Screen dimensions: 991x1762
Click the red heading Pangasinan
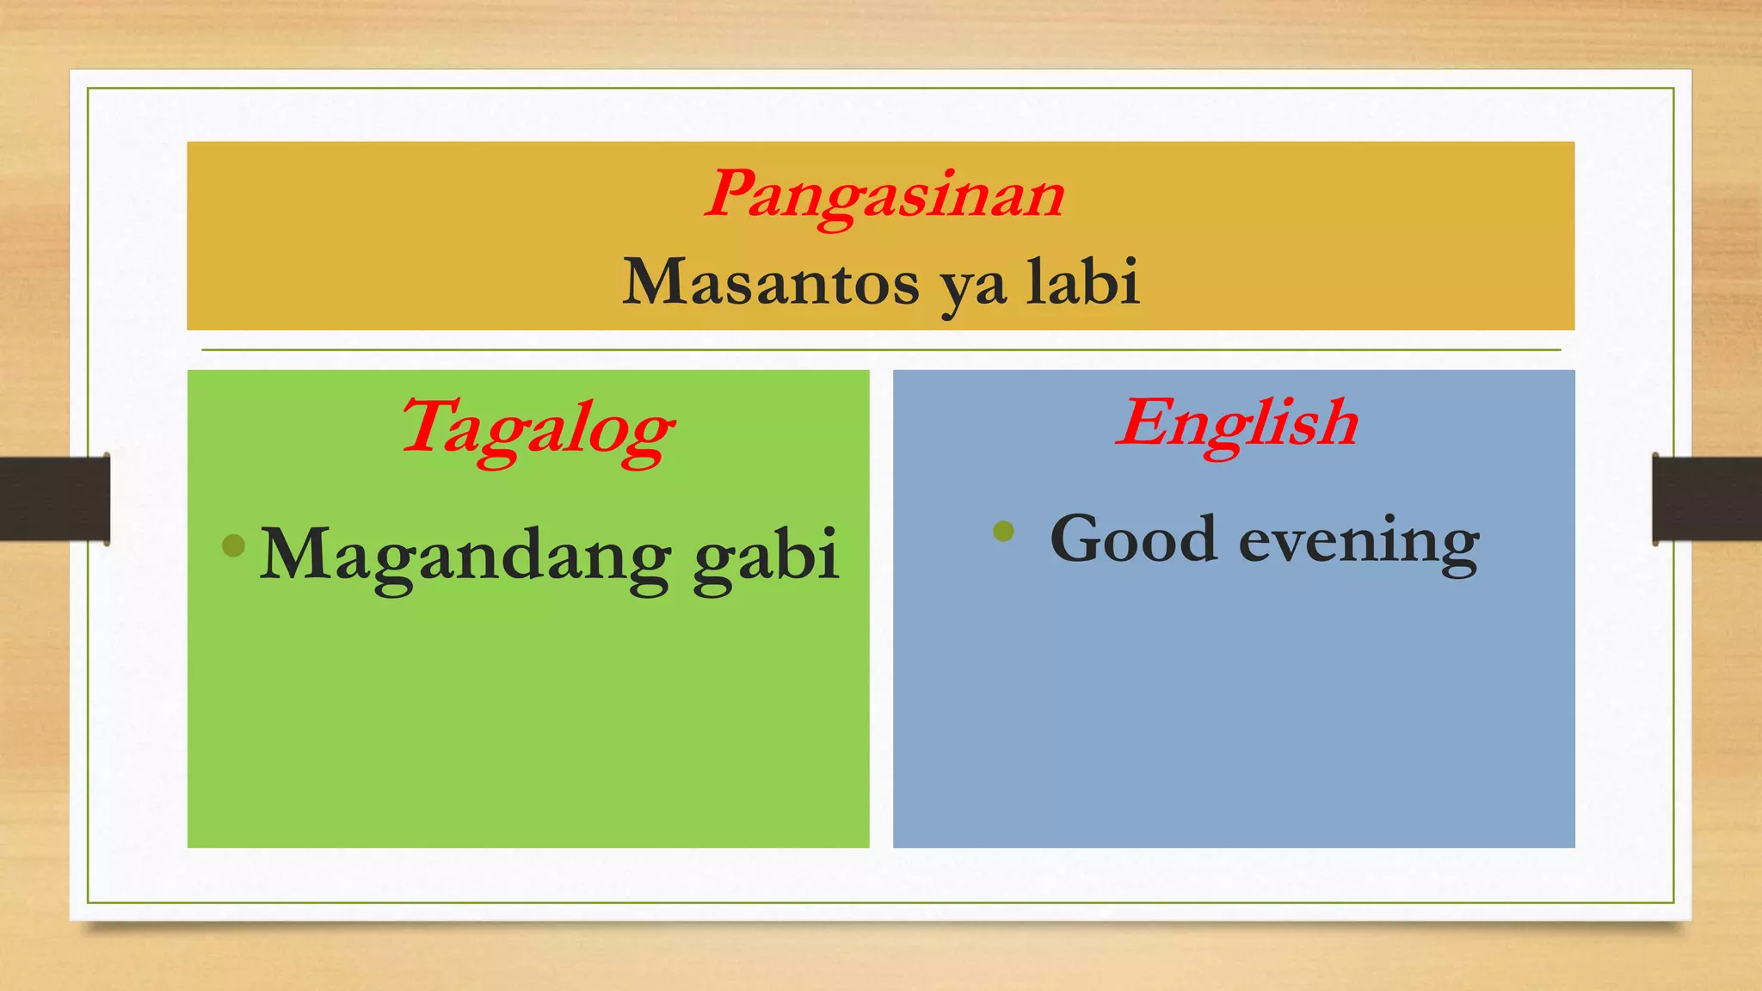(x=884, y=195)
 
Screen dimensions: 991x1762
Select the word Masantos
(x=770, y=283)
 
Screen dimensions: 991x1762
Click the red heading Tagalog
(x=537, y=428)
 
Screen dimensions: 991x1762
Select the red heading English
(x=1237, y=423)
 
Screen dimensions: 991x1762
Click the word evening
(x=1358, y=542)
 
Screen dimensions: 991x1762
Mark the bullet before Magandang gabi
(x=233, y=545)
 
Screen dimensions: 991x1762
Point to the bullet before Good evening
(x=1003, y=530)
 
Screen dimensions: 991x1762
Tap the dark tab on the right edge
(x=1706, y=499)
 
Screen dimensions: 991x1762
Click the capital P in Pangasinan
(x=731, y=193)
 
